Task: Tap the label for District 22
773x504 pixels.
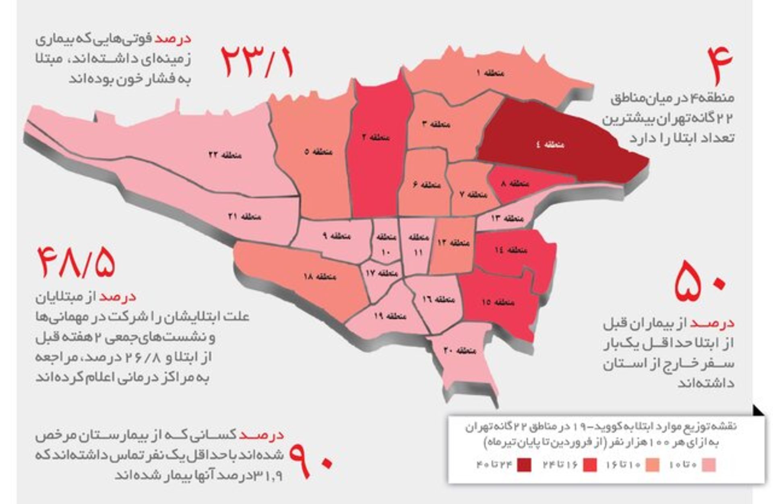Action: pyautogui.click(x=225, y=155)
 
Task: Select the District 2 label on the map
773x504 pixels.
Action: pyautogui.click(x=376, y=137)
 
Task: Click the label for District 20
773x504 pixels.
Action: pyautogui.click(x=460, y=350)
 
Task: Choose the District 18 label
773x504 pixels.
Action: pyautogui.click(x=320, y=276)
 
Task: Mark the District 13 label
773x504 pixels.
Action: pyautogui.click(x=507, y=218)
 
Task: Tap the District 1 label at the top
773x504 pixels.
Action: pyautogui.click(x=490, y=73)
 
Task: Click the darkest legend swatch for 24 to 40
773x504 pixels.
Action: pyautogui.click(x=524, y=465)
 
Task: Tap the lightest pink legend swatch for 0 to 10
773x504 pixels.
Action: pyautogui.click(x=709, y=465)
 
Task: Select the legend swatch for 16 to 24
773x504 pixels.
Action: pyautogui.click(x=590, y=465)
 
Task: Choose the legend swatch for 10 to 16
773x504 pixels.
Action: pyautogui.click(x=652, y=465)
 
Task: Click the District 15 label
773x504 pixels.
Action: pyautogui.click(x=498, y=302)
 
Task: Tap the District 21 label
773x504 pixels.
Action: pyautogui.click(x=244, y=216)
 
